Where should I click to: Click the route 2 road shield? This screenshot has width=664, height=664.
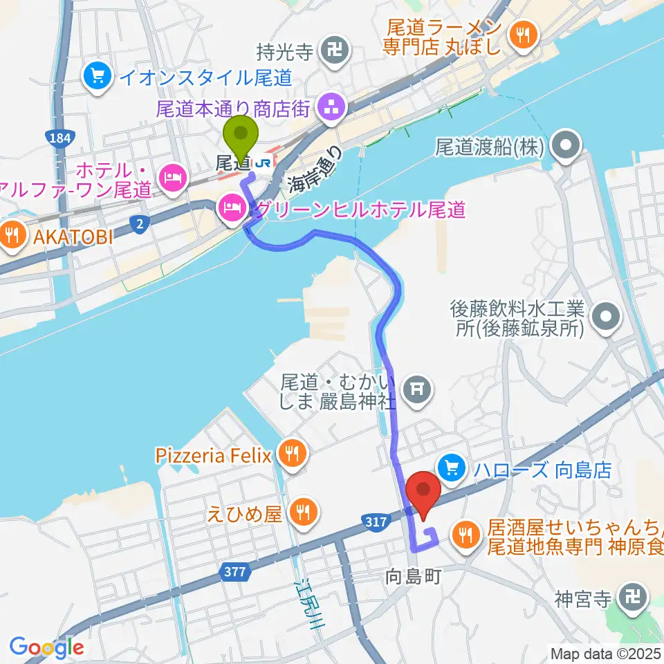[x=140, y=223]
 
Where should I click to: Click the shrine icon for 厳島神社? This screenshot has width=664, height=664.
[x=417, y=389]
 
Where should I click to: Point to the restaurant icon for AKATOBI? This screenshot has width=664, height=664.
[x=12, y=236]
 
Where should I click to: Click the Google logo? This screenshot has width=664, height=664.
[x=46, y=647]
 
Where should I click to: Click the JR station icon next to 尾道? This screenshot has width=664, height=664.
[x=264, y=163]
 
